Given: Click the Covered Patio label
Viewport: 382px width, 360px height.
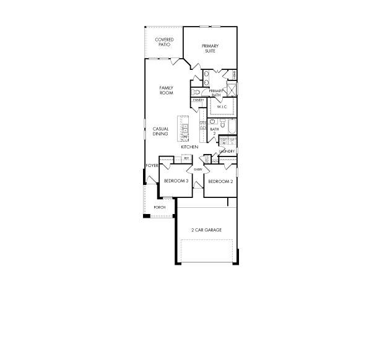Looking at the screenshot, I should pyautogui.click(x=164, y=42).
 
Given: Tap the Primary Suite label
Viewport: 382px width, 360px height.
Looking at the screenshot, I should pyautogui.click(x=210, y=48).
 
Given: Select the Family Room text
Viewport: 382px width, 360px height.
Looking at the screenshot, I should pyautogui.click(x=166, y=90).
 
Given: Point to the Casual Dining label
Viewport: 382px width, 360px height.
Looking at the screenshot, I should pyautogui.click(x=161, y=131).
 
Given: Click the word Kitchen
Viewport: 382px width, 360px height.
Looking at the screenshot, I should pyautogui.click(x=189, y=147).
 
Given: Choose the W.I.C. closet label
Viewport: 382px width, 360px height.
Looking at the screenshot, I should pyautogui.click(x=222, y=107).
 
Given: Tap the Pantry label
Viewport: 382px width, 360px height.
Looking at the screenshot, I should pyautogui.click(x=198, y=100).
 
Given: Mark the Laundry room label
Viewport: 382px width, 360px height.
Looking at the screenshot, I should pyautogui.click(x=227, y=151).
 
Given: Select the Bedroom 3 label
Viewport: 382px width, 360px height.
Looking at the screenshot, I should pyautogui.click(x=176, y=181).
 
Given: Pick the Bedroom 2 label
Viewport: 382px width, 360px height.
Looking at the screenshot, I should pyautogui.click(x=220, y=181).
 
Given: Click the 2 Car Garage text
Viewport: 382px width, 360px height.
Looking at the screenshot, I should pyautogui.click(x=206, y=230).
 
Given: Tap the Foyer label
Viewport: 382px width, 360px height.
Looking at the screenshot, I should pyautogui.click(x=152, y=166).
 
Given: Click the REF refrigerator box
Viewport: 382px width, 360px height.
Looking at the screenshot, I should pyautogui.click(x=186, y=159).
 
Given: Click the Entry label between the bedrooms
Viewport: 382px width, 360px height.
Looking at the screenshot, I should pyautogui.click(x=198, y=169).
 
